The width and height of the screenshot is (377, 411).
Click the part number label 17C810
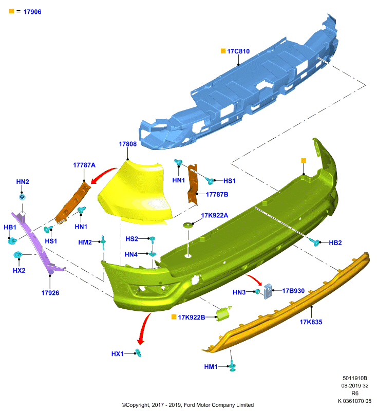[238, 51]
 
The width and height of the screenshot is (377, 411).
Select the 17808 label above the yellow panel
[127, 144]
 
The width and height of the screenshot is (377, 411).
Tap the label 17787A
[84, 165]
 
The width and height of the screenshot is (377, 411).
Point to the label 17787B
[217, 194]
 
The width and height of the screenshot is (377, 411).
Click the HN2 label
[23, 182]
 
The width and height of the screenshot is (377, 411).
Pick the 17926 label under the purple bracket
[50, 293]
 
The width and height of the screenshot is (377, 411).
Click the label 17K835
[311, 322]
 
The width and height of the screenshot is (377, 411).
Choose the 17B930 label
[293, 291]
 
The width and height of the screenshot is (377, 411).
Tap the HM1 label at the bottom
[211, 367]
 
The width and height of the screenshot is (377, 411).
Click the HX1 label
[118, 354]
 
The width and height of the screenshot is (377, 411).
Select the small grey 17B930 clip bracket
[268, 291]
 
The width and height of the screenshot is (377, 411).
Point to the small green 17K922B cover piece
[223, 313]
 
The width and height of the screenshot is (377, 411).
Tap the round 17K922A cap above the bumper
[188, 225]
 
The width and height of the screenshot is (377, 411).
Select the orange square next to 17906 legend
[11, 11]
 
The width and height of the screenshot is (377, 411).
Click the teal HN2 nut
[22, 196]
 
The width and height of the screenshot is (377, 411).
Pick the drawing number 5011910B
[355, 378]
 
